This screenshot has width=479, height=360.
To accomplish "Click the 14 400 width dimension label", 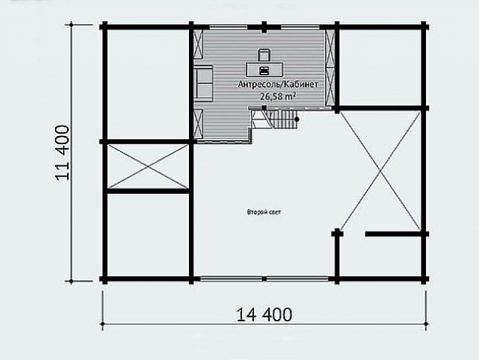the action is point(264,314).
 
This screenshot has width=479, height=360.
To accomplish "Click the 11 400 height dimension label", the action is point(63,152).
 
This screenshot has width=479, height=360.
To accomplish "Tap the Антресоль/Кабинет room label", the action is point(278,85).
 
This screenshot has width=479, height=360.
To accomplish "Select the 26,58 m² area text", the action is point(278,96).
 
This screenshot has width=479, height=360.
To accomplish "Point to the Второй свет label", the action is point(264,212).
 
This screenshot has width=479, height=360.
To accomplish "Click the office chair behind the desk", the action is point(264,55).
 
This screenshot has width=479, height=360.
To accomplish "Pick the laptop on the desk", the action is point(264,70).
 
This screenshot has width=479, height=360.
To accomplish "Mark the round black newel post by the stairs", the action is point(296,119).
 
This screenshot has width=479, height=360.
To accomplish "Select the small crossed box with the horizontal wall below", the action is point(148,166).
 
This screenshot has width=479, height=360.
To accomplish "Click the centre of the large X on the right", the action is point(380,170).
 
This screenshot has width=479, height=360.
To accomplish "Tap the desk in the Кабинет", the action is point(264,70).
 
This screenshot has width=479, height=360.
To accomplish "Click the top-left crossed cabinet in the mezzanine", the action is point(199,44).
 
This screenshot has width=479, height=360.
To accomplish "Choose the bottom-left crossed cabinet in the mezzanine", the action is point(199,124).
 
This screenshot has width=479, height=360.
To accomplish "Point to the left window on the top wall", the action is point(228,27).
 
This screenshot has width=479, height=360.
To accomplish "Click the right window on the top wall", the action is point(301,27).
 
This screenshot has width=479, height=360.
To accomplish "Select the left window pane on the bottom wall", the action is point(231,279).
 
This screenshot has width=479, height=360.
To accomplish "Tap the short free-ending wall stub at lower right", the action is point(393,234).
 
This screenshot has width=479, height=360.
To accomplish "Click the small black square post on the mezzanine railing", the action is point(264,107).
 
